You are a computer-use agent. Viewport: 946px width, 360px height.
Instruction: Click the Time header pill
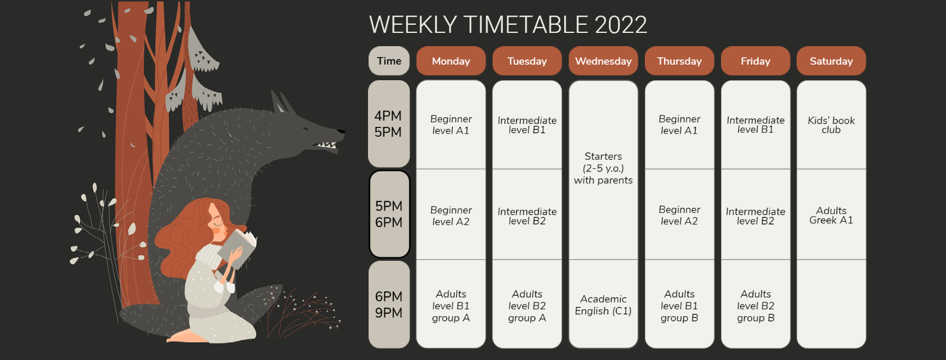[x=389, y=61]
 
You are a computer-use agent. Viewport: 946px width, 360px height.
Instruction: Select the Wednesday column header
[x=603, y=61]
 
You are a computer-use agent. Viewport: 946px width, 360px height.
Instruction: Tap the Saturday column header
[x=831, y=61]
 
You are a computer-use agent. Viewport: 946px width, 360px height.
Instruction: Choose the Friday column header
[x=756, y=61]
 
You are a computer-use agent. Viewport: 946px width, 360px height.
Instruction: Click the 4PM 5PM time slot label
[x=389, y=124]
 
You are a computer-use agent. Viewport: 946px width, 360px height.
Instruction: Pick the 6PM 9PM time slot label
[x=389, y=305]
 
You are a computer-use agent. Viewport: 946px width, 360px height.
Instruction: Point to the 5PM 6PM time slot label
[x=389, y=214]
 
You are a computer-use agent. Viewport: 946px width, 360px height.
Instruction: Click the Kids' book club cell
[x=831, y=125]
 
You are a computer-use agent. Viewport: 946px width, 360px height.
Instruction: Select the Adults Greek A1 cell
[x=831, y=215]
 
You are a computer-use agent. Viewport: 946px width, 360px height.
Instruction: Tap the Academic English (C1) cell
[x=603, y=304]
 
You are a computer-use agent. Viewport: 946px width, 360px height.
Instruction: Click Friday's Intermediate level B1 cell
[x=756, y=125]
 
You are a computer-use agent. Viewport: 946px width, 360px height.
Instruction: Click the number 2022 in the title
[x=621, y=25]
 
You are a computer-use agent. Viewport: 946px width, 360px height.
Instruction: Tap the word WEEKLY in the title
[x=413, y=25]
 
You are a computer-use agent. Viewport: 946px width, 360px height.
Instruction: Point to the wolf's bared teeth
[x=326, y=145]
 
